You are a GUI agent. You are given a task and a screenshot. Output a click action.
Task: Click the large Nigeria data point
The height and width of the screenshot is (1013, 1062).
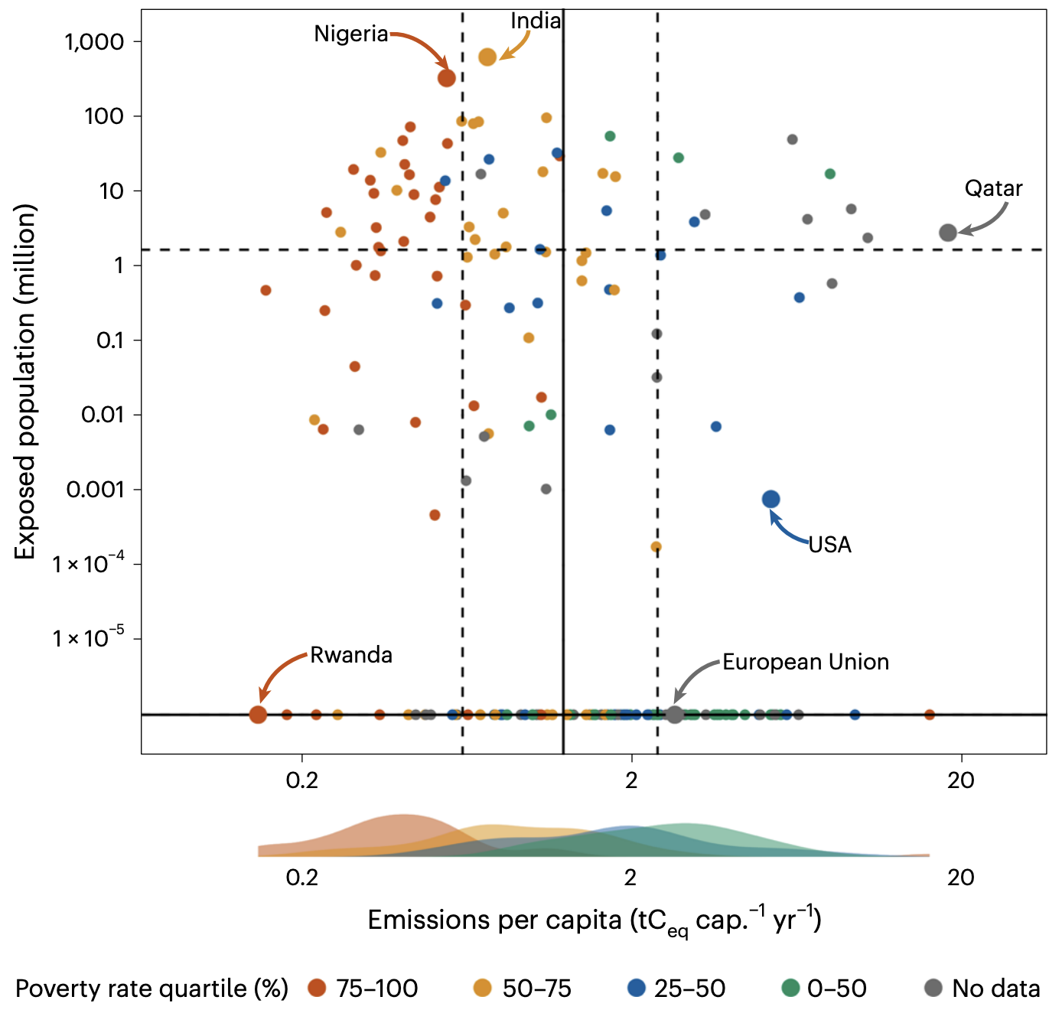pos(447,78)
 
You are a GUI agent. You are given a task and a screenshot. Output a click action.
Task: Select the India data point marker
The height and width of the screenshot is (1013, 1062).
pos(487,57)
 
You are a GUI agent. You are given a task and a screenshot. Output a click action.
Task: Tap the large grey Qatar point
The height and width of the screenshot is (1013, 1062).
pos(948,233)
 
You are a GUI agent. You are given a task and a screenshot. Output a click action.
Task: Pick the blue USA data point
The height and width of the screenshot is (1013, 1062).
pos(771,500)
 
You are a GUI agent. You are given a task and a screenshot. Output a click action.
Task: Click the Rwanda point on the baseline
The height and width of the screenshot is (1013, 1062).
pos(259,715)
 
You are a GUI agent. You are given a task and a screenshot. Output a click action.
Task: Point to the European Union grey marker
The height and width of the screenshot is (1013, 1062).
pos(675,715)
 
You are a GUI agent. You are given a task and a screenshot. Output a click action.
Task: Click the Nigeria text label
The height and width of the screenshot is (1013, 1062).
pos(351,34)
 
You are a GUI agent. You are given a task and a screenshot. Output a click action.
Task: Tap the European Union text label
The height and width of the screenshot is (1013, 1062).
pos(806,662)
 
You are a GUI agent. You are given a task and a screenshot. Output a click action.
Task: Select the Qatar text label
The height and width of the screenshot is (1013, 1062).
pos(993,188)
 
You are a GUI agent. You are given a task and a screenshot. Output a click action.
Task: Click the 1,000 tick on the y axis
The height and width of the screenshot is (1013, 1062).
pos(94,41)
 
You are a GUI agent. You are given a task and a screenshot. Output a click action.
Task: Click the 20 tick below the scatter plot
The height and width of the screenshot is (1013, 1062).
pos(960,780)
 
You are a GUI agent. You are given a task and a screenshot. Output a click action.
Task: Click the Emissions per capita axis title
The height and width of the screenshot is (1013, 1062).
pos(595,920)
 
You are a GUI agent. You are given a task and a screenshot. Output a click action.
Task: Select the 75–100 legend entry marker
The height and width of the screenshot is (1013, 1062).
pos(317,988)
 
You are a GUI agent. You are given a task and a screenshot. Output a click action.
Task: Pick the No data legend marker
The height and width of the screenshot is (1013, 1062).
pos(933,988)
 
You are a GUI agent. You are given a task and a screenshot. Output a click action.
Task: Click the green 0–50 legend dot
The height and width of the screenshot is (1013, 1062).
pos(790,988)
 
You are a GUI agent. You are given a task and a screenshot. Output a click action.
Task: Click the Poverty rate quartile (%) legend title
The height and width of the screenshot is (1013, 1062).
pos(151,989)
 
